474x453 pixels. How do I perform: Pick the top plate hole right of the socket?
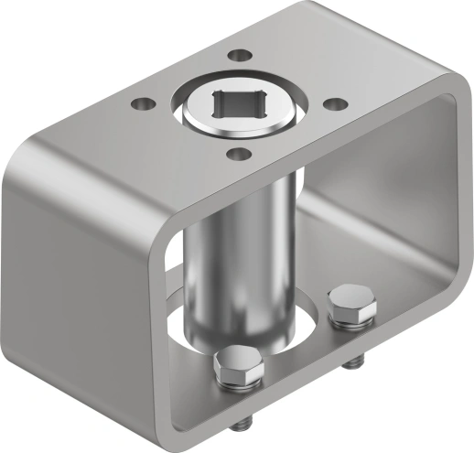(334, 103)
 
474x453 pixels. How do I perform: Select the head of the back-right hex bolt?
(350, 303)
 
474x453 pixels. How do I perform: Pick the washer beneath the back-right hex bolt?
(352, 319)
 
